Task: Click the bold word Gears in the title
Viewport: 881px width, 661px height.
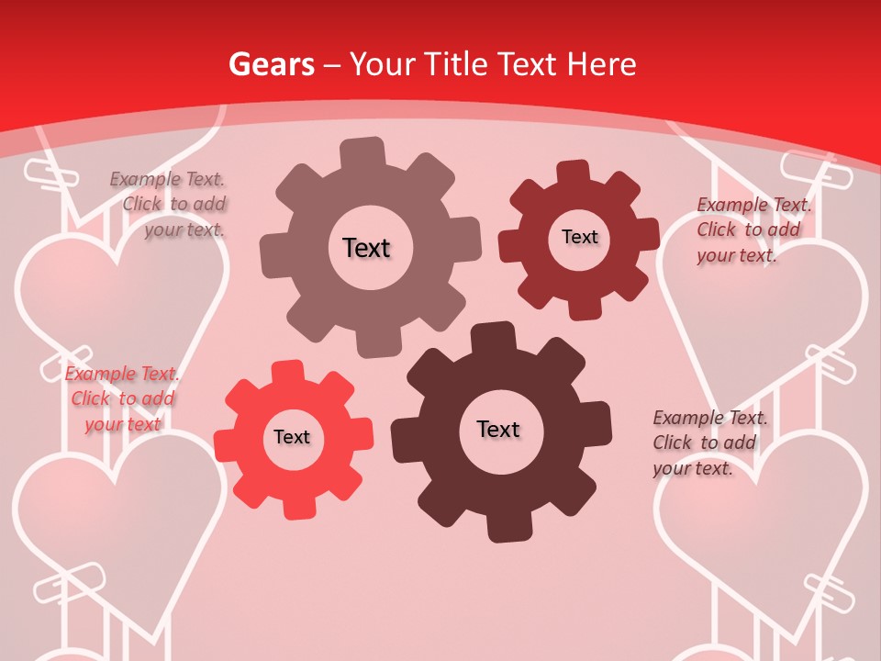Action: (271, 64)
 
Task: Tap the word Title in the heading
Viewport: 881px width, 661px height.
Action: (455, 64)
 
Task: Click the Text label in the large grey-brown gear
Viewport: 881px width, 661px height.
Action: (366, 248)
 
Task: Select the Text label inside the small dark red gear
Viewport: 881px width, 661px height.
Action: (579, 237)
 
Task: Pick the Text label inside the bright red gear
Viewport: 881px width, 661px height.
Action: (292, 437)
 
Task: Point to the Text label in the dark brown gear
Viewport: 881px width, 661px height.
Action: (498, 429)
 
